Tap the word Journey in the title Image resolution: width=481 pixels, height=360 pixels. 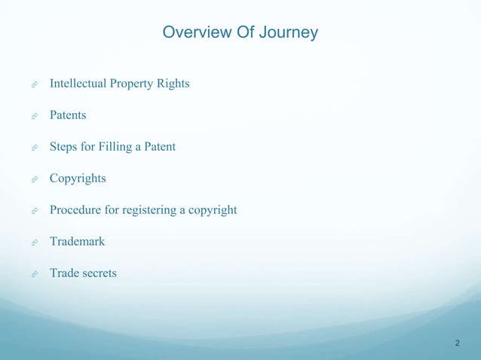tap(289, 34)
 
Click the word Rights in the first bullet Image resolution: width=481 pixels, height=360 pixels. tap(173, 83)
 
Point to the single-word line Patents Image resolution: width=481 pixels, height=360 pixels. tap(68, 115)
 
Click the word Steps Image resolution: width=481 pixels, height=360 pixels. tap(63, 147)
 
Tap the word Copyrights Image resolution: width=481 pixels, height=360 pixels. tap(78, 178)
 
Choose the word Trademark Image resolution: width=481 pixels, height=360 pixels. tap(77, 242)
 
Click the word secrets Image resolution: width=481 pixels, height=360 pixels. tap(99, 273)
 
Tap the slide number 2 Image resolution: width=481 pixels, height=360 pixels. tap(458, 343)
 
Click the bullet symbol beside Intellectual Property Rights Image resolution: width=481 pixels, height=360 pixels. tap(35, 84)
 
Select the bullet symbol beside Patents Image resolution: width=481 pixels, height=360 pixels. tap(35, 117)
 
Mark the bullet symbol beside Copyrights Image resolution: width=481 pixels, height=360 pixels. tap(35, 180)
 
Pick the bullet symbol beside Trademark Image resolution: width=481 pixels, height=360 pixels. tap(35, 243)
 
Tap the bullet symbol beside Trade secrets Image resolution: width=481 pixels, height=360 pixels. tap(35, 275)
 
